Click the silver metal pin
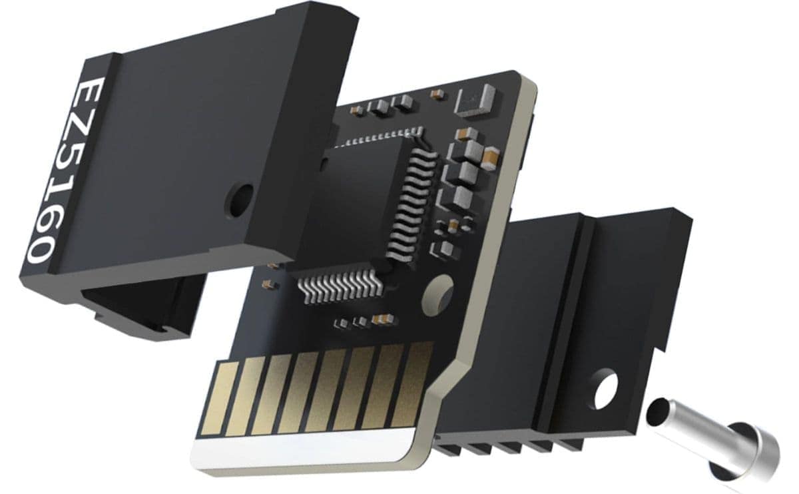(712, 441)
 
